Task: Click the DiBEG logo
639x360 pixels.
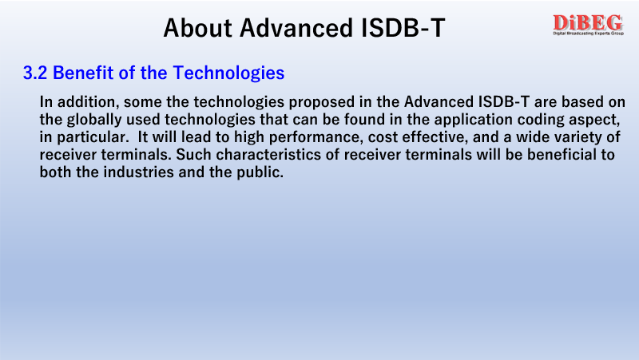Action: pos(588,25)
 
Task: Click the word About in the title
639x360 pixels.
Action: pos(197,28)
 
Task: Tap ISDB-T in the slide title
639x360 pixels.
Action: pos(403,28)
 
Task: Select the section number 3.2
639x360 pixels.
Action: pos(35,73)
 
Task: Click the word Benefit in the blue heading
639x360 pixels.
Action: pos(83,73)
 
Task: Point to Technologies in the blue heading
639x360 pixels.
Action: pos(228,73)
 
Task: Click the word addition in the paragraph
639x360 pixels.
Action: pos(88,102)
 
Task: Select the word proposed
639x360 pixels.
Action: pos(321,103)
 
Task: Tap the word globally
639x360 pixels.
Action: pos(94,121)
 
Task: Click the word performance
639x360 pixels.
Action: pos(316,137)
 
